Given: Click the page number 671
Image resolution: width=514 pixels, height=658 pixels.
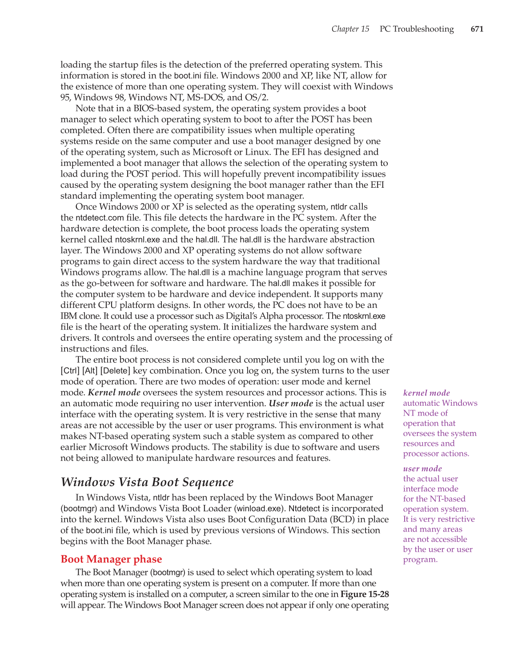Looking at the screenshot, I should point(477,29).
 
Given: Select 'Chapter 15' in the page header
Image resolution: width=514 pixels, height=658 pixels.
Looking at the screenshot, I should point(350,29).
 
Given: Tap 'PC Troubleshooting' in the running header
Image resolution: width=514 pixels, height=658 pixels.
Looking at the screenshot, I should point(417,29).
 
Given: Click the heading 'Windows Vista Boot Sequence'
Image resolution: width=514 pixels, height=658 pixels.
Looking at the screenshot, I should point(147,482).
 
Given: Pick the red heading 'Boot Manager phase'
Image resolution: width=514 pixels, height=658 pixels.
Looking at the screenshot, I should point(111,559).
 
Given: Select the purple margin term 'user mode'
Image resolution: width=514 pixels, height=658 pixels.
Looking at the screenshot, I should point(422,468).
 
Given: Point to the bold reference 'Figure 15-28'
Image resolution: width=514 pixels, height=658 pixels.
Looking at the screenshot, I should point(365,594).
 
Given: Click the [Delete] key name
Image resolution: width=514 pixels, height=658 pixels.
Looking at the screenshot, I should point(115,371).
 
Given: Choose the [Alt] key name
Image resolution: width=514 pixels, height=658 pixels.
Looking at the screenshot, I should point(90,371).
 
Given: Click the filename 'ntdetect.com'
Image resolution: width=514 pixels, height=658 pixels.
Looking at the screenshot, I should point(100,218).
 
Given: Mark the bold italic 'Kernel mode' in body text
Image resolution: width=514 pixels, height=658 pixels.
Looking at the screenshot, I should point(114,392).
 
